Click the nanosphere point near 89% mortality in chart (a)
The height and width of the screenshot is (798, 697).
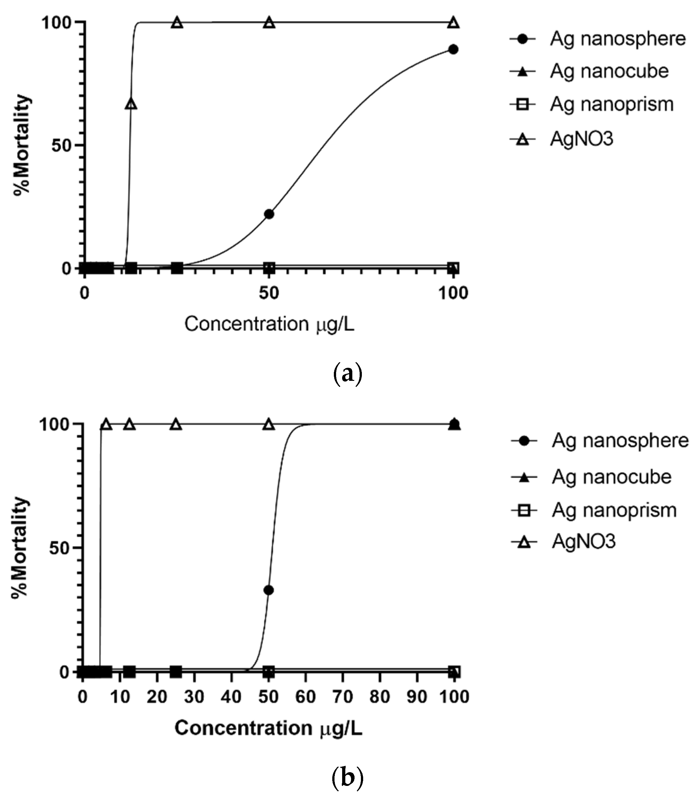[x=453, y=49]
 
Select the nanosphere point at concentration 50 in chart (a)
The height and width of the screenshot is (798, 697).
[x=269, y=214]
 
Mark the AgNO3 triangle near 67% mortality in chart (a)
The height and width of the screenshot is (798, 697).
[x=131, y=104]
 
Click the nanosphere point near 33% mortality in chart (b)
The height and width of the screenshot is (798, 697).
[x=268, y=590]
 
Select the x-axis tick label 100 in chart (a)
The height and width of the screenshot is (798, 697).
[x=453, y=293]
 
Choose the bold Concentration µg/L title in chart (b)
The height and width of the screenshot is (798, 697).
[x=268, y=728]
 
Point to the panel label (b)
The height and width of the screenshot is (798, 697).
[x=348, y=777]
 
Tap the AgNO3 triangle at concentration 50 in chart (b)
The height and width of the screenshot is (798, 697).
[x=268, y=424]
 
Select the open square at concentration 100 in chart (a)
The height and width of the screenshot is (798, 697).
[x=453, y=268]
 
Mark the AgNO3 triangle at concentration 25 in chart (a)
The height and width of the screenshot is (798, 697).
[x=177, y=23]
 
